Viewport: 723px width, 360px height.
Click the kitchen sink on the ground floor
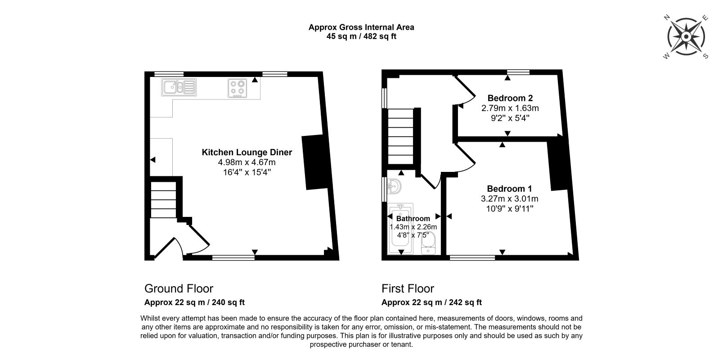coord(179,87)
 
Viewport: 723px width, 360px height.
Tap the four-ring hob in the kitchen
coord(237,88)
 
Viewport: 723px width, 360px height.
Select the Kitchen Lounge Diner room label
coord(247,153)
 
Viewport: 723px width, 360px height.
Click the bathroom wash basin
coord(394,186)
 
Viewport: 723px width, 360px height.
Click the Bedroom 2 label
coord(510,98)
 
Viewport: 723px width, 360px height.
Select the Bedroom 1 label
coord(509,189)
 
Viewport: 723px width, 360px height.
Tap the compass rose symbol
coord(686,37)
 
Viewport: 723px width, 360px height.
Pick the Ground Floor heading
coord(179,288)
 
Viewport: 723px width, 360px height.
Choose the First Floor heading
coord(408,288)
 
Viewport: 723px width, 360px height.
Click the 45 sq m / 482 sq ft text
coord(361,36)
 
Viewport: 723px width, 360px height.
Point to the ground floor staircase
coord(163,200)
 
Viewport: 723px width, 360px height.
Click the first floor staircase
coord(400,136)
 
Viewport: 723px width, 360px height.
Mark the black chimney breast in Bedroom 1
coord(558,163)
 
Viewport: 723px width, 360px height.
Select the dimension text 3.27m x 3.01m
coord(509,199)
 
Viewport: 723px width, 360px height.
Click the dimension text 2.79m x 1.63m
coord(510,108)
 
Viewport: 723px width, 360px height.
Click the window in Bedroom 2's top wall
coord(518,72)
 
